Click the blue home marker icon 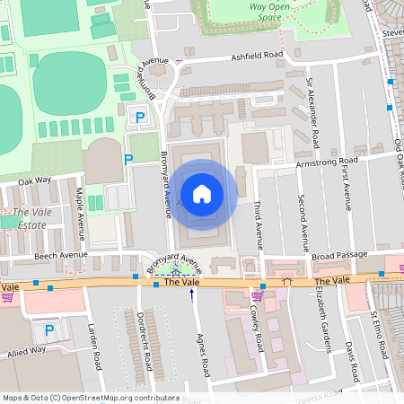click(202, 193)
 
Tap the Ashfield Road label click(257, 55)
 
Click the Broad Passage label click(340, 256)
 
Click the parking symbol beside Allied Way click(48, 331)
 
